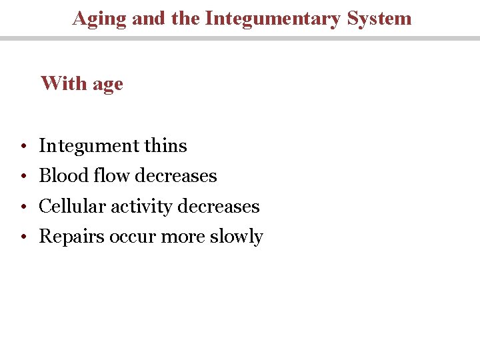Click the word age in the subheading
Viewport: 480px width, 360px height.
point(107,85)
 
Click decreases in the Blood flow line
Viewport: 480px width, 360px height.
point(176,175)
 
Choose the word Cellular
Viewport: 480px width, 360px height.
point(72,206)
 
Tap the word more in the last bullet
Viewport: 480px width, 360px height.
point(177,237)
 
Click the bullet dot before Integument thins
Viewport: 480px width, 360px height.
point(23,146)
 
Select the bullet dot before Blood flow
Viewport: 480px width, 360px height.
point(23,176)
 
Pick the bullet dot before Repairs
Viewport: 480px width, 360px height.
point(23,237)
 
